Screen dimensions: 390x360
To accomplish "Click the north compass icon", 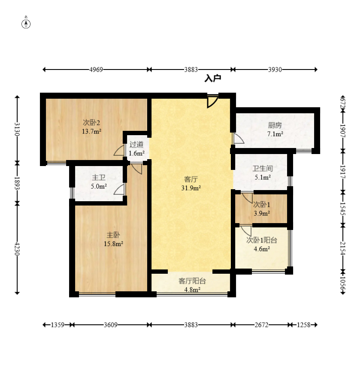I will point(26,24).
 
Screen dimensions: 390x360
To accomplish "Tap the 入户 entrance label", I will point(212,79).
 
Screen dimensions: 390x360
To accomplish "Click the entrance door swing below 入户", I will point(212,102).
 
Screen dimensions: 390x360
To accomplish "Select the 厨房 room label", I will point(275,126).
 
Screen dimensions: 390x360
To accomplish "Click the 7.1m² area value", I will point(275,134).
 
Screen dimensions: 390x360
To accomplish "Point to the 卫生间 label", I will point(263,169).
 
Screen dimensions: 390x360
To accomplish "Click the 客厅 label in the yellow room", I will point(191,179).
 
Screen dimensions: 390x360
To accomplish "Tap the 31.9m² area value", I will point(191,187).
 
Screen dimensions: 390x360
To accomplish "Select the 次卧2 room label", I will point(91,122).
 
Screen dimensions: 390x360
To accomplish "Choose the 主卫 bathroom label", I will point(98,178).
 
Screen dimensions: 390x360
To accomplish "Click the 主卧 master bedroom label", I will point(113,235).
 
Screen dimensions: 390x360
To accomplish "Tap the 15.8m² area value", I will point(113,244).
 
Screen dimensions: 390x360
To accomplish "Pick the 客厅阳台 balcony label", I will point(192,281).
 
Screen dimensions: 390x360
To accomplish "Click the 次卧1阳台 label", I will point(261,240).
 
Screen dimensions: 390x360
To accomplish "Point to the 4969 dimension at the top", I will point(96,70).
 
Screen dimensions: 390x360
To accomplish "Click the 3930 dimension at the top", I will point(275,70).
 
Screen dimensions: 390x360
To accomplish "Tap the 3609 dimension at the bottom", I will point(111,325).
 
